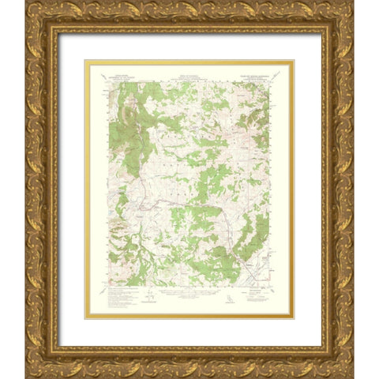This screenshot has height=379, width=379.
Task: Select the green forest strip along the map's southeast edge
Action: tap(251, 233)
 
